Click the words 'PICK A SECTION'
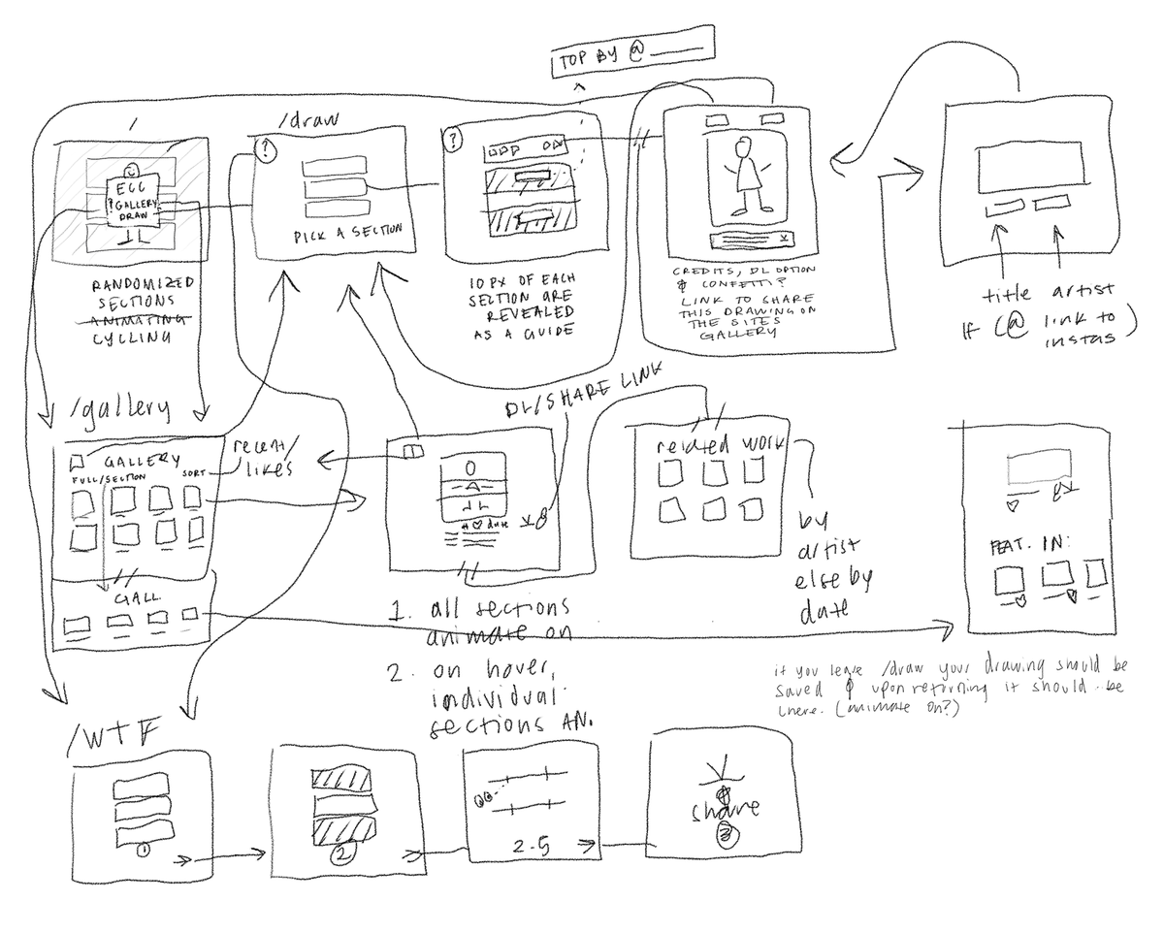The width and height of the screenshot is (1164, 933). [347, 236]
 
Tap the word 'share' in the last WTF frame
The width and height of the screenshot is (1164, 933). [726, 809]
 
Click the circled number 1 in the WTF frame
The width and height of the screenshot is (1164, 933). [144, 851]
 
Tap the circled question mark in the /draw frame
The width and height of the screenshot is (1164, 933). [264, 148]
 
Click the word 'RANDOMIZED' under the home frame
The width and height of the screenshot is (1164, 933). [144, 282]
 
